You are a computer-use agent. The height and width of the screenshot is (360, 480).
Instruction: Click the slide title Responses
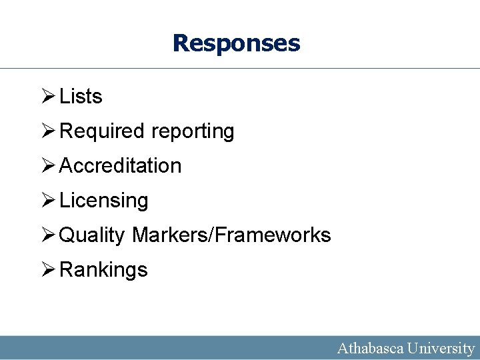pos(236,43)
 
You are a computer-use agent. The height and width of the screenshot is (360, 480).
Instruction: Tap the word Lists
pos(81,97)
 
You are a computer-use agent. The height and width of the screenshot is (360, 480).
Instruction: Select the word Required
pos(102,131)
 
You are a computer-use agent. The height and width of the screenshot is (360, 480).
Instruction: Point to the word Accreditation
pos(121,165)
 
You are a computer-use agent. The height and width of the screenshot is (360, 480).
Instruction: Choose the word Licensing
pos(104,201)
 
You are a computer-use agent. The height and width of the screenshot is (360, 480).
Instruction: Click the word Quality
pos(92,235)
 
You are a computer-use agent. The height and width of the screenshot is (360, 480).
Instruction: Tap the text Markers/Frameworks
pos(231,235)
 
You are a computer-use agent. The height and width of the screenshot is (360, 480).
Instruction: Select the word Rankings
pos(103,270)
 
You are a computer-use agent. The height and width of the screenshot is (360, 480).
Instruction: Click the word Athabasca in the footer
pos(369,348)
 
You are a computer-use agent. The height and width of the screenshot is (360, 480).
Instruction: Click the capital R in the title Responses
pos(180,43)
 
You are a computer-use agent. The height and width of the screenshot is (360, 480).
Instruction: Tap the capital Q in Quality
pos(67,235)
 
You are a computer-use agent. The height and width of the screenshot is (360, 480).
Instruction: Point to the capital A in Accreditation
pos(67,165)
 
